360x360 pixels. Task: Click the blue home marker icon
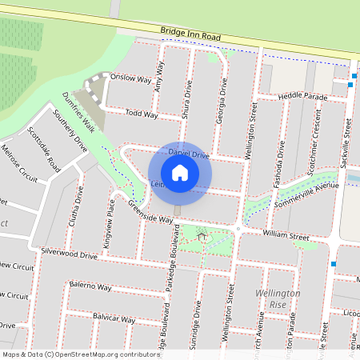180,172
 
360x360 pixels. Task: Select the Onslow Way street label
131,78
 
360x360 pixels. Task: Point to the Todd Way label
142,114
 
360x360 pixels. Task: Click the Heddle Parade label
303,96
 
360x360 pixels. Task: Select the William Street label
286,237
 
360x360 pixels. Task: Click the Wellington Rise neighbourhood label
277,298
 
